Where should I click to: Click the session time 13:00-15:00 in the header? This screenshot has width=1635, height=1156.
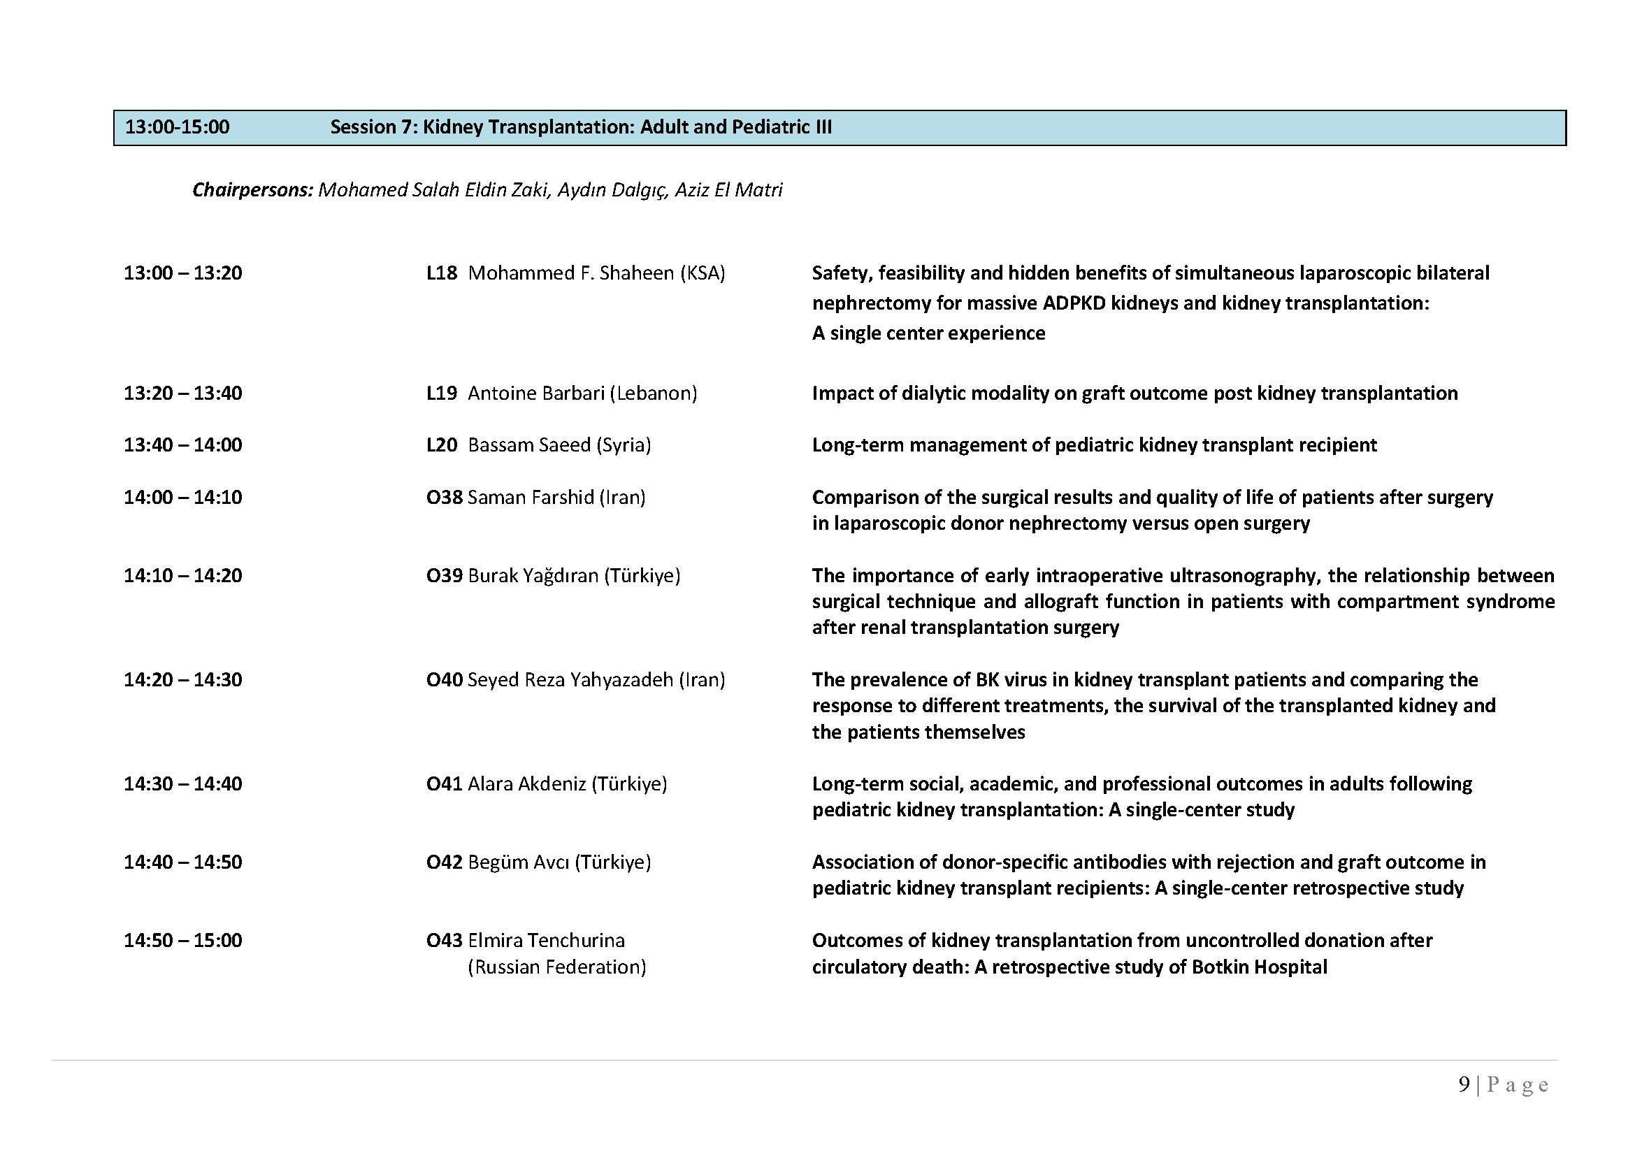click(178, 127)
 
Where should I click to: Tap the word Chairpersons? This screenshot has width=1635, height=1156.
click(252, 190)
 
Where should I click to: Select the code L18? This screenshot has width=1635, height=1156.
click(442, 273)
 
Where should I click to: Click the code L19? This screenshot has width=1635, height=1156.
click(442, 393)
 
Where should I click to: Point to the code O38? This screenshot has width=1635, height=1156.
click(445, 498)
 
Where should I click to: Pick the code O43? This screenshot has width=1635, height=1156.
click(445, 941)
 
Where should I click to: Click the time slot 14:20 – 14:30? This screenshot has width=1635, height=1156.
click(183, 680)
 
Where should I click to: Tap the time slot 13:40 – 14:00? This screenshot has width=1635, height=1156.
click(183, 446)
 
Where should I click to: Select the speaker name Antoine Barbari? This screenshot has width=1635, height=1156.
click(535, 393)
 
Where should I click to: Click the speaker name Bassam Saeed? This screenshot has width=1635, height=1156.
click(529, 446)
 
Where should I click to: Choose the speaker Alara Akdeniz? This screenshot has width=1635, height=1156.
click(527, 784)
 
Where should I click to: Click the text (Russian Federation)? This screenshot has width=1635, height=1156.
click(557, 967)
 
